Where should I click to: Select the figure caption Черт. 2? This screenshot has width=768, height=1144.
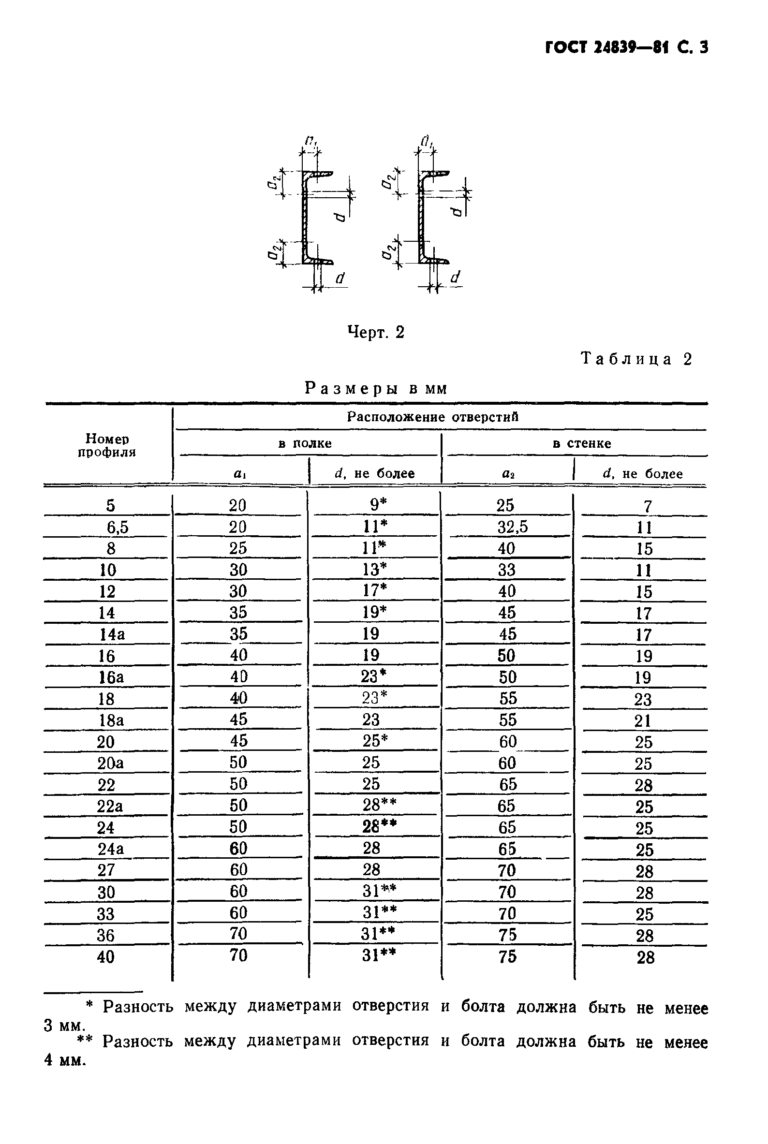(376, 333)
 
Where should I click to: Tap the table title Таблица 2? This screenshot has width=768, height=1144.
(636, 359)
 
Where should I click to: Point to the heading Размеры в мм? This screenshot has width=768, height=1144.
(376, 388)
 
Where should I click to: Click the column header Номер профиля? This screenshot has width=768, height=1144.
(107, 445)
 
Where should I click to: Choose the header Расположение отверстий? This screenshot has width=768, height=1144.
(432, 417)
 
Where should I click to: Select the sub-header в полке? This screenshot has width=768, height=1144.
(305, 443)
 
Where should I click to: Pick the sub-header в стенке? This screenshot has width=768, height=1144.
(581, 443)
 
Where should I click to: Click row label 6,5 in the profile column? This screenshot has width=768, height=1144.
(118, 527)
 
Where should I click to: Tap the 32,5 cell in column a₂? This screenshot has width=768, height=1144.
(512, 527)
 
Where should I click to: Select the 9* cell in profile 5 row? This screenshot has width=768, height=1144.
(377, 504)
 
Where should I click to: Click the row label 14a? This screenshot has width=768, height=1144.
(112, 634)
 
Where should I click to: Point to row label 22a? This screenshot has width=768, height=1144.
(110, 806)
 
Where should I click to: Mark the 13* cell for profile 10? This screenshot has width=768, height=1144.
(375, 569)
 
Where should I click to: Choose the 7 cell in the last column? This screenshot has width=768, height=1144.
(648, 506)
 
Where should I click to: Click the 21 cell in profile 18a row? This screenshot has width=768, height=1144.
(643, 720)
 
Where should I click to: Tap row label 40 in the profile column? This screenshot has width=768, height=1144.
(106, 956)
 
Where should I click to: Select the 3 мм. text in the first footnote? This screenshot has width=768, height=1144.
(64, 1025)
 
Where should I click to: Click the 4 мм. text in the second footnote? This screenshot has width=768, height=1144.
(65, 1061)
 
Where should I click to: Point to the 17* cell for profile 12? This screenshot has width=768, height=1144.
(375, 590)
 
